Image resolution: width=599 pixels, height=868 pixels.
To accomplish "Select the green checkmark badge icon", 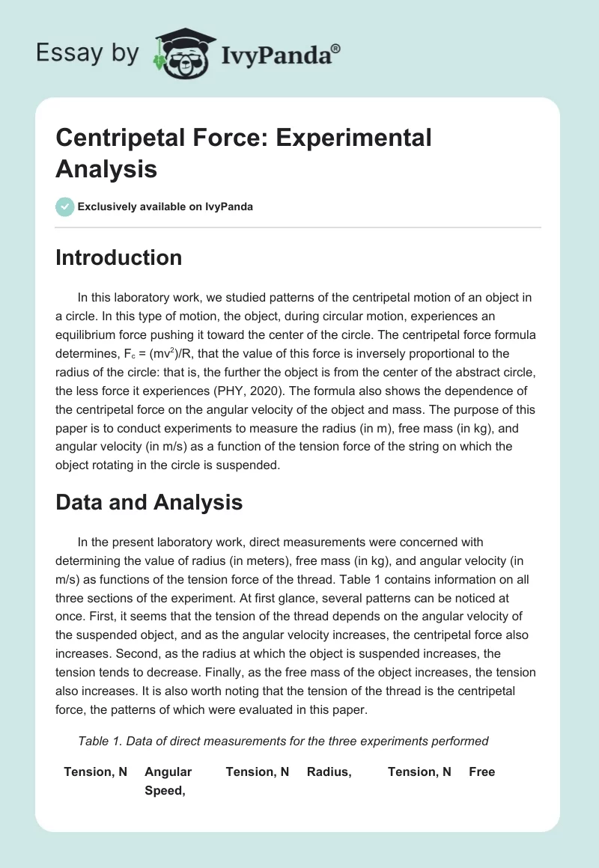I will point(65,207).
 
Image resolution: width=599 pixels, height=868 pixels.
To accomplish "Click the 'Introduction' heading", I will point(118,257).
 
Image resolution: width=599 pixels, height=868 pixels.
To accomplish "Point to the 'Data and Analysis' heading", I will point(149,502).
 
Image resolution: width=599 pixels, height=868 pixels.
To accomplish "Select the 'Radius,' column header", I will point(329,771).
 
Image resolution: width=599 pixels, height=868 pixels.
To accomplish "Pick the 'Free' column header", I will point(481,771).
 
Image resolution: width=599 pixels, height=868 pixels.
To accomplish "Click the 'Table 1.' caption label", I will point(100,741).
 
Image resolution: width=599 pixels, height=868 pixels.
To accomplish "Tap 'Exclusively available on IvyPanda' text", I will point(165,207).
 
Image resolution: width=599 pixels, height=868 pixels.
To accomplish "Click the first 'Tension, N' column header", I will point(95,771).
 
